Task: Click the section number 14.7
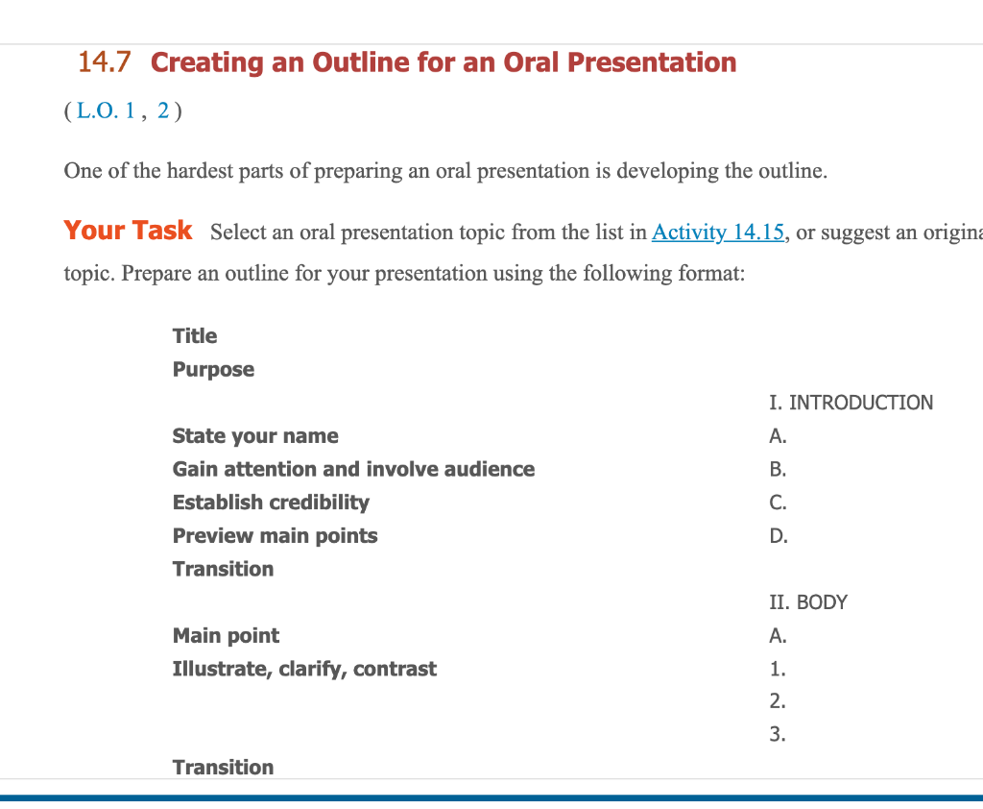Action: [104, 62]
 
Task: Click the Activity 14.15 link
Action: [718, 233]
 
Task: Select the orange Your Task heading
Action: [128, 231]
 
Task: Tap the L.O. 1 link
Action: [106, 110]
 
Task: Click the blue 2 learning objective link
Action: [163, 110]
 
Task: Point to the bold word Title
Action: [195, 335]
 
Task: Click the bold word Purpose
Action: [213, 370]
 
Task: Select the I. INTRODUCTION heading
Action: [851, 403]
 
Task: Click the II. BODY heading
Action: [808, 602]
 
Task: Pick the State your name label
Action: [255, 435]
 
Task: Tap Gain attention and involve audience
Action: [353, 469]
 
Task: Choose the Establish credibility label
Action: [271, 503]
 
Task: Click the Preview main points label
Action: [276, 535]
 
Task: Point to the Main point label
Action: [226, 636]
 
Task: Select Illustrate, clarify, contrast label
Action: [304, 669]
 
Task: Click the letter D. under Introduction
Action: [779, 536]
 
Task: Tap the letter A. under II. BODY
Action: [778, 636]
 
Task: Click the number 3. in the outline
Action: [778, 734]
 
